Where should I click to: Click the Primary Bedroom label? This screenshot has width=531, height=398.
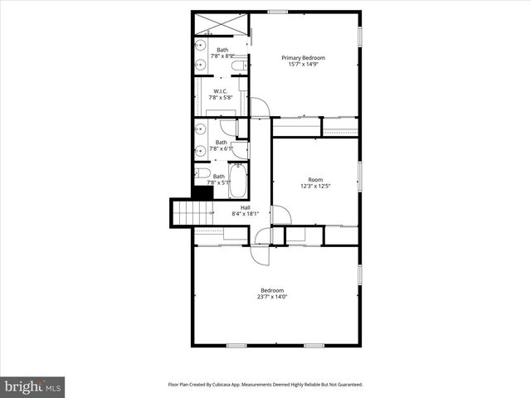tap(302, 57)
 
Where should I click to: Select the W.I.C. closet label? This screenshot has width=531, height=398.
tap(221, 90)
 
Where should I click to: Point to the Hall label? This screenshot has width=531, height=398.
tap(246, 207)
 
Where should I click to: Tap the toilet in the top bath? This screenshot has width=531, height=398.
tap(238, 65)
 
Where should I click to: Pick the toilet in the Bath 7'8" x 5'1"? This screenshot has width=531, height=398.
tap(202, 173)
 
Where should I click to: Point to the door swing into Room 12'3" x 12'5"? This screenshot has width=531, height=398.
tap(280, 215)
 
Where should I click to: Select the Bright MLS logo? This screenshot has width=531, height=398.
tap(32, 386)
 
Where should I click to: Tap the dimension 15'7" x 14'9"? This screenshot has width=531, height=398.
tap(302, 65)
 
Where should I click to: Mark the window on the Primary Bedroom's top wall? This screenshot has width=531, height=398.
tap(278, 12)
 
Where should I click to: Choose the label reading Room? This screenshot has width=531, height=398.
tap(315, 179)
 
